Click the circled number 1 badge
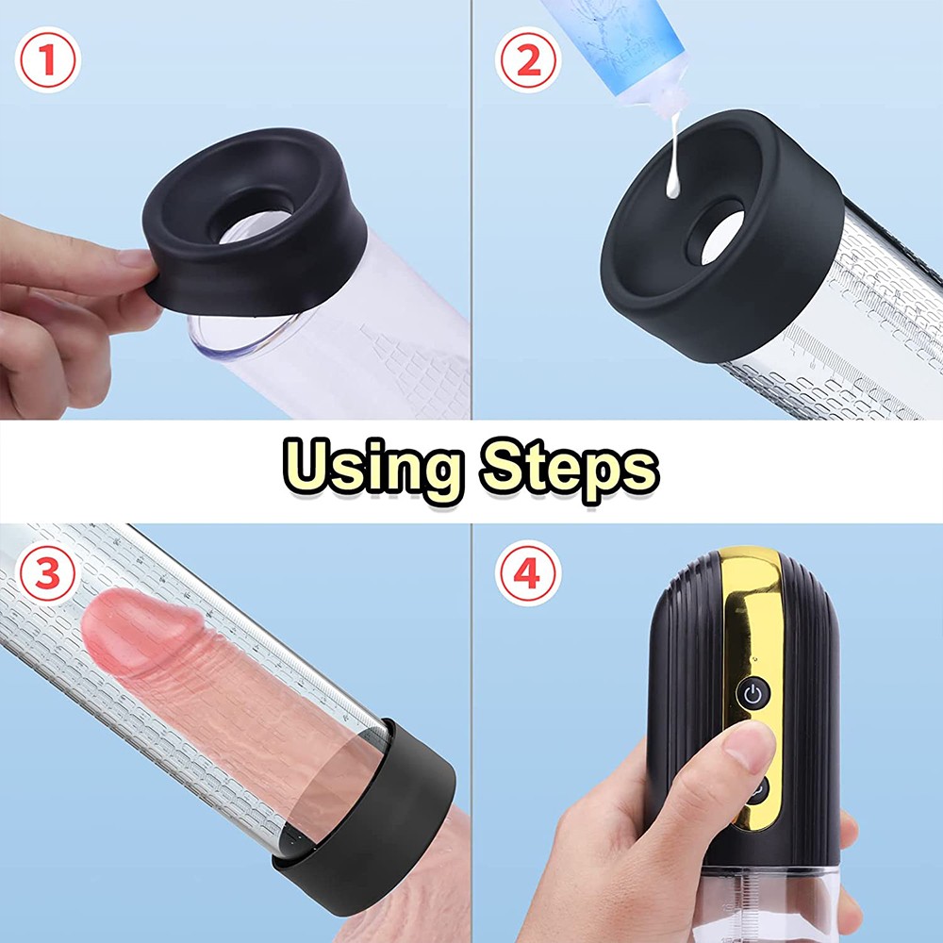48,59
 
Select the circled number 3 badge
48,573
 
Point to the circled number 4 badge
527,573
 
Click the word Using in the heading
373,469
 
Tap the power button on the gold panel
753,696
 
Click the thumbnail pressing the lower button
749,747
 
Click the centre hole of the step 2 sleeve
716,232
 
